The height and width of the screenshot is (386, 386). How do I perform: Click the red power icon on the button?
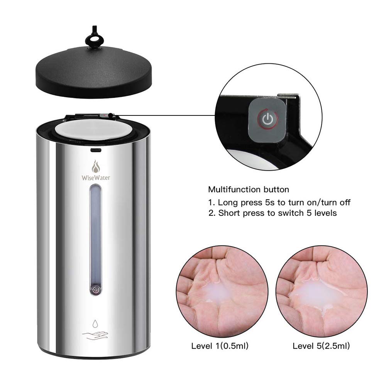coord(267,119)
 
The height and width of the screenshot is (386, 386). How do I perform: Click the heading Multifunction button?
coord(248,190)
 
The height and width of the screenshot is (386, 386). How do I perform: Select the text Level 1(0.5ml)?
coord(220,345)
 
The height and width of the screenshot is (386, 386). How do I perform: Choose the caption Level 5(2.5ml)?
coord(321,345)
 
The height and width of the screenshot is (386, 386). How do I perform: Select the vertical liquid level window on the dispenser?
coord(96,235)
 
